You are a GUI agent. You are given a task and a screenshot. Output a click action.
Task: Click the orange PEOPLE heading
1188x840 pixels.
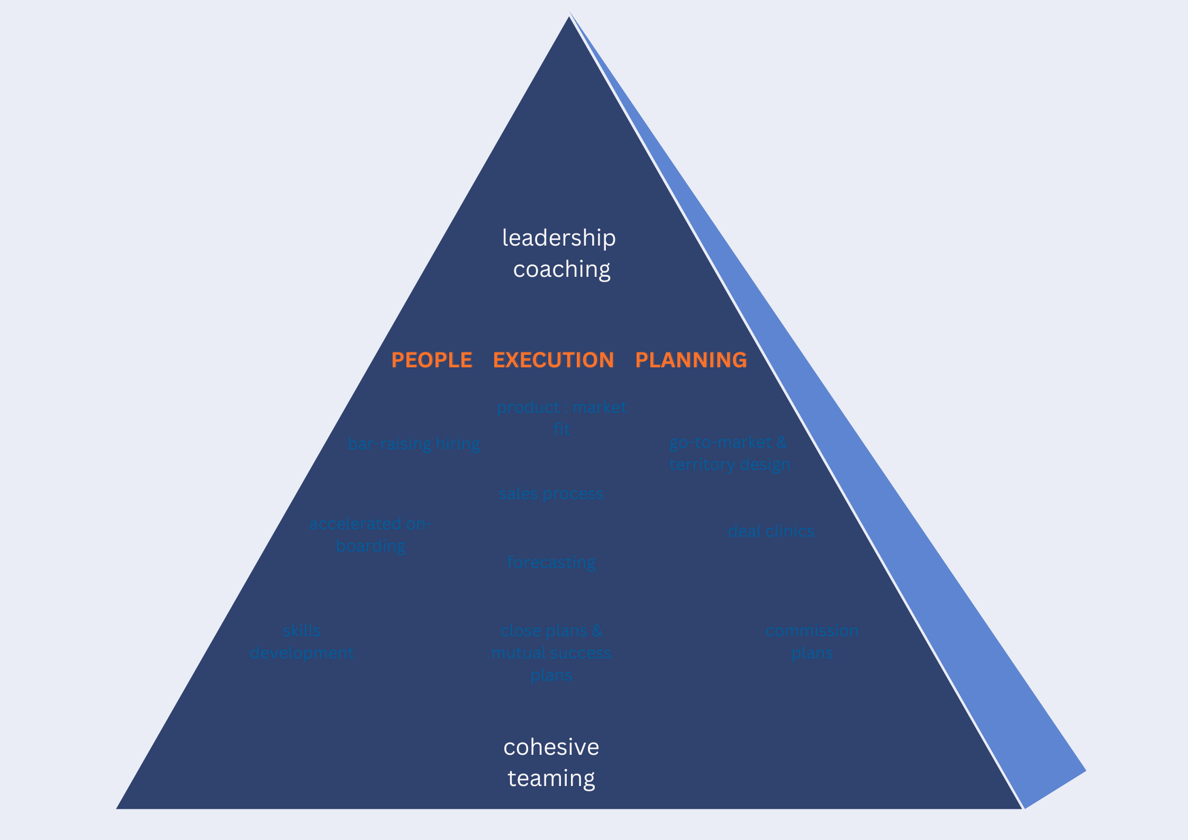pos(431,360)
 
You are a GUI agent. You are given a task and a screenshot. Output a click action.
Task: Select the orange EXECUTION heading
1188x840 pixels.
pos(554,360)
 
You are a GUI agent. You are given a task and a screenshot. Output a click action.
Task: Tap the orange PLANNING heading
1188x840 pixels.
pos(691,360)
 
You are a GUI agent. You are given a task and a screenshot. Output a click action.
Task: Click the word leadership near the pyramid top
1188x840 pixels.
pos(559,238)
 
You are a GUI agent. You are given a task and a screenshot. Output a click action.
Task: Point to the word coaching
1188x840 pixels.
pos(561,269)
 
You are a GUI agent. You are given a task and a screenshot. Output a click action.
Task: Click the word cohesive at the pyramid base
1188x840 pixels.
pos(551,747)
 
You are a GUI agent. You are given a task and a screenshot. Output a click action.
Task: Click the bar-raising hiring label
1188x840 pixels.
pos(413,444)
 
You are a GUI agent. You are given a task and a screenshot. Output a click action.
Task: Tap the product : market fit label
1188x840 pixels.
pos(561,418)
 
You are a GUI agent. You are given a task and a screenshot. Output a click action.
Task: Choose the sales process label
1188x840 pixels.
pos(551,494)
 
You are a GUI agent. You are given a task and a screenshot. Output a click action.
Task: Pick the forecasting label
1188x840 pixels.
pos(551,562)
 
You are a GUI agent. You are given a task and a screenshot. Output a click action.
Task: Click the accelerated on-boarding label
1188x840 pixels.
pos(370,535)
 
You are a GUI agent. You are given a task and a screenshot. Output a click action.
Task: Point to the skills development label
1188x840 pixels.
pos(302,642)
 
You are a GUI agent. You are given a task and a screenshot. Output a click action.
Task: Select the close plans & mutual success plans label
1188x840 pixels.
pos(551,653)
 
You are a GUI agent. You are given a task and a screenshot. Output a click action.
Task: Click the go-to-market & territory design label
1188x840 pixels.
pos(729,453)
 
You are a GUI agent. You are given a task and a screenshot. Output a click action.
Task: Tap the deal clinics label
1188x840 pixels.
pos(771,531)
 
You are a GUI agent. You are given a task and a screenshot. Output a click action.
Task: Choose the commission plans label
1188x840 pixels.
pos(812,642)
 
